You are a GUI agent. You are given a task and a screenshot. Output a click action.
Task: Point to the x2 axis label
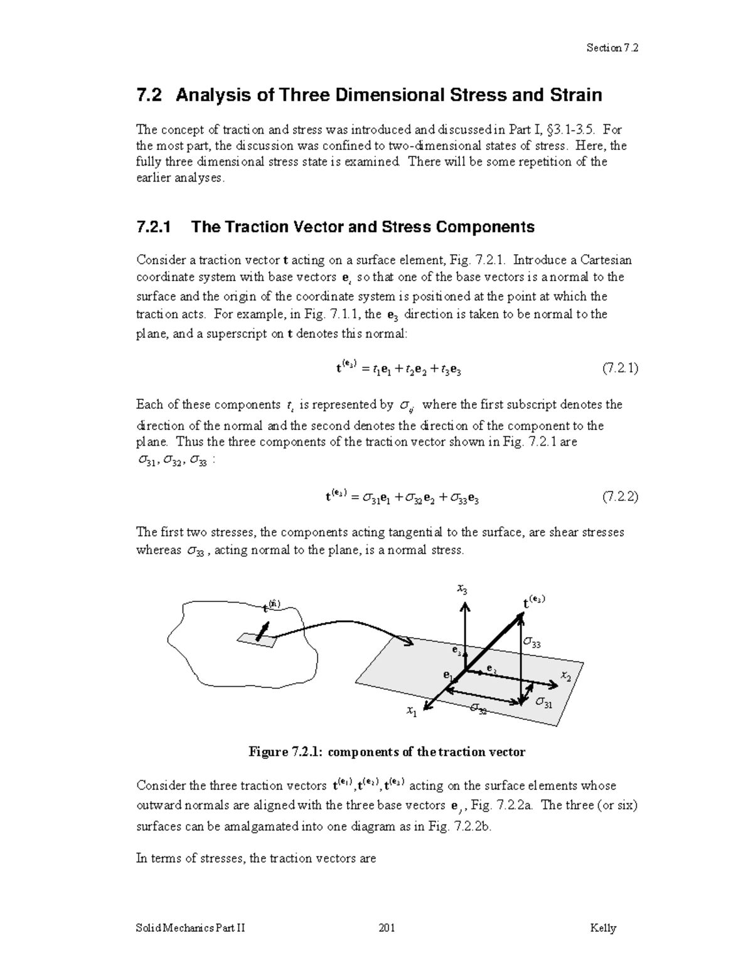566,676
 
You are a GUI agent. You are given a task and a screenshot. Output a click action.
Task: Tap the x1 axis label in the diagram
411,711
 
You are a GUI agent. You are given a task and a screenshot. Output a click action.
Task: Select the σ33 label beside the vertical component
532,644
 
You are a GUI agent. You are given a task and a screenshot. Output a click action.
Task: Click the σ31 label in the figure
544,703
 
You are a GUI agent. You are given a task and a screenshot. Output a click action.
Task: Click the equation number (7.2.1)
620,369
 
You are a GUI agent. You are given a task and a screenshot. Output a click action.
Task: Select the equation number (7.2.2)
620,497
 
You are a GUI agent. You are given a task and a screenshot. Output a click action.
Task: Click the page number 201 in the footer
387,928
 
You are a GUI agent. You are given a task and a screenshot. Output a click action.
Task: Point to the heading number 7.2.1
153,227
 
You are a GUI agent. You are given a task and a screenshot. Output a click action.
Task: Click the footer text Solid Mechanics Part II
191,928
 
